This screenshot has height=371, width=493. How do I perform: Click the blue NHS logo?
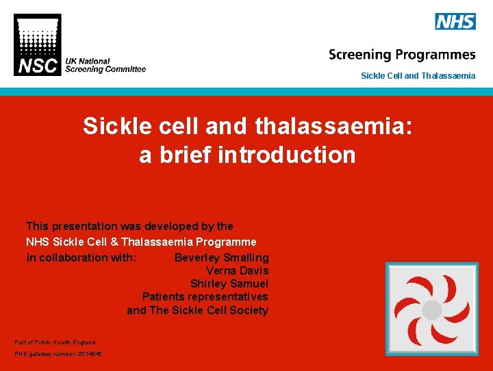[x=455, y=21]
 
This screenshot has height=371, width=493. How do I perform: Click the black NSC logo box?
[x=37, y=45]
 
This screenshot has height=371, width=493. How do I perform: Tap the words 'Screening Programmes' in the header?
[x=401, y=55]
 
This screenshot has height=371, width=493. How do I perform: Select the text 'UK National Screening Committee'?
[x=105, y=65]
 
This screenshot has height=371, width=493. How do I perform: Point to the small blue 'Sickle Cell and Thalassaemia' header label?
[x=418, y=76]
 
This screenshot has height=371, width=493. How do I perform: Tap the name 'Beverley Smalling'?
[x=221, y=258]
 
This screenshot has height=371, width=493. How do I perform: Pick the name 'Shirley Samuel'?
[x=229, y=284]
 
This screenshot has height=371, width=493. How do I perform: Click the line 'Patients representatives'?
[x=205, y=297]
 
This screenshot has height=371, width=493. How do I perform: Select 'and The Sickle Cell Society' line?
[x=197, y=311]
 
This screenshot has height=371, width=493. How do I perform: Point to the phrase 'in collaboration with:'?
[x=81, y=258]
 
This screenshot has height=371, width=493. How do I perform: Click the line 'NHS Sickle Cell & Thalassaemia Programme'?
[x=141, y=242]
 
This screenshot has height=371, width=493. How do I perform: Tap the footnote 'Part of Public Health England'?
[x=55, y=342]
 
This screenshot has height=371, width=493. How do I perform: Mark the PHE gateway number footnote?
[x=58, y=354]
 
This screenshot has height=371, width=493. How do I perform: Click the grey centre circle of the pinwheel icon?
[x=431, y=310]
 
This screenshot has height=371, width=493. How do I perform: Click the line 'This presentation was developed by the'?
[x=129, y=226]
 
